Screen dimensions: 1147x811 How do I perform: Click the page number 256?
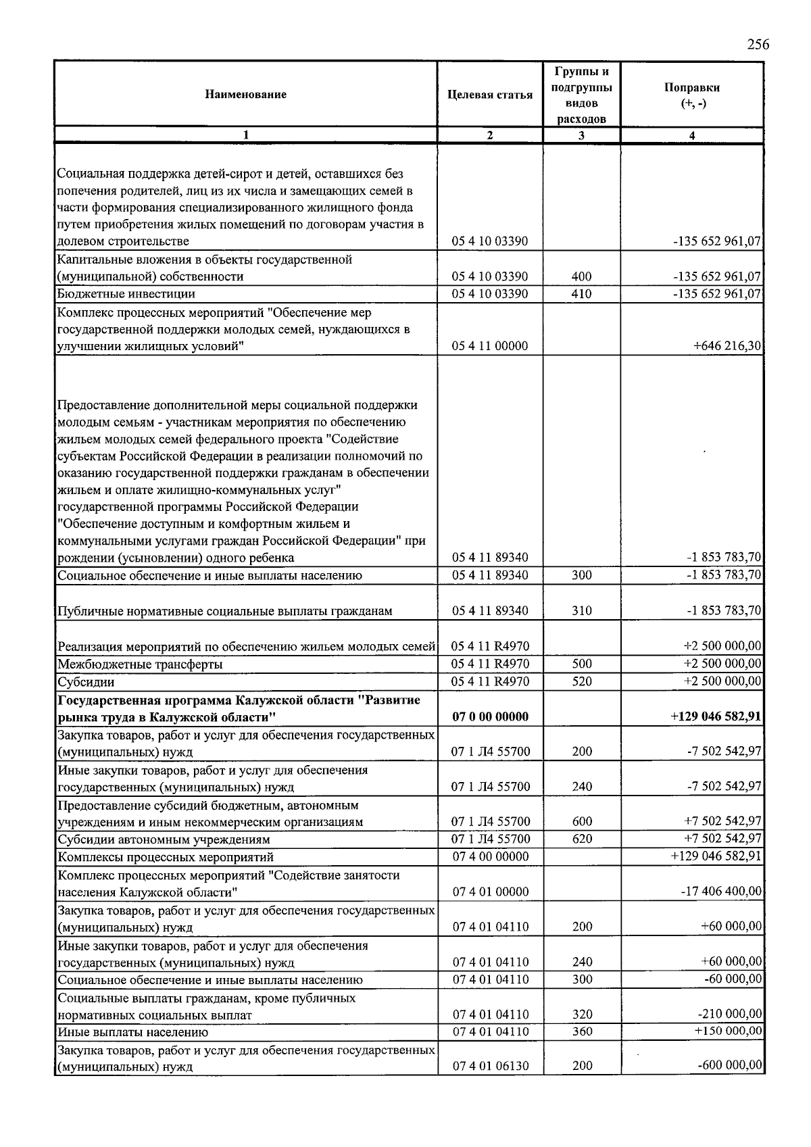(x=758, y=45)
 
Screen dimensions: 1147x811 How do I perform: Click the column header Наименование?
(x=245, y=95)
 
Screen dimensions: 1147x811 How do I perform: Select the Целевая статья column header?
(x=490, y=95)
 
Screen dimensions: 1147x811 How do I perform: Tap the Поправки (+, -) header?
(x=691, y=95)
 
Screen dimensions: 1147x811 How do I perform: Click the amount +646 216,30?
(x=727, y=346)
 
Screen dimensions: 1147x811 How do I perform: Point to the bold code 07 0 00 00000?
(x=490, y=716)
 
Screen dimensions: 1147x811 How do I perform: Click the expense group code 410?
(x=581, y=294)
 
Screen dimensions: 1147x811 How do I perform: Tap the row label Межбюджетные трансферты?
(x=140, y=664)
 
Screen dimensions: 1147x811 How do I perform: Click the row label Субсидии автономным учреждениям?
(x=164, y=839)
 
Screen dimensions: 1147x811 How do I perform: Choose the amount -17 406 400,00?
(x=722, y=892)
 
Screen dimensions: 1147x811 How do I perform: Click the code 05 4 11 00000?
(x=490, y=346)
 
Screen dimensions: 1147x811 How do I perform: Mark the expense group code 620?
(x=581, y=839)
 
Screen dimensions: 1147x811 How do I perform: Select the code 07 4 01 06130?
(x=490, y=1067)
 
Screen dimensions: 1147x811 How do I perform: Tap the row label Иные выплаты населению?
(x=133, y=1032)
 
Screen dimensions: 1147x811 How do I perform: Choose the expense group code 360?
(x=581, y=1032)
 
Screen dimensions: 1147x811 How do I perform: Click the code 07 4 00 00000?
(x=490, y=857)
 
